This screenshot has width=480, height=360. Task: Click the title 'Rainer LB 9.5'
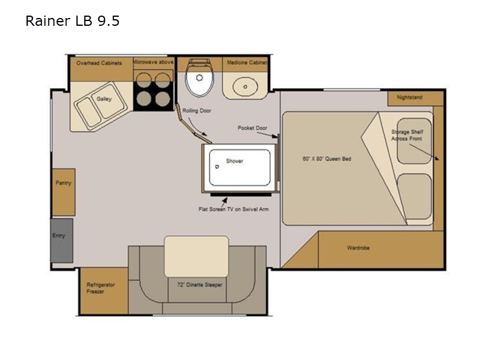(x=72, y=21)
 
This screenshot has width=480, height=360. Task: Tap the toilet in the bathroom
(x=200, y=77)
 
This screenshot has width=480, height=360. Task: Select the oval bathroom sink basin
(x=245, y=86)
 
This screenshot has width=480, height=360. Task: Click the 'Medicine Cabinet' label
(x=247, y=62)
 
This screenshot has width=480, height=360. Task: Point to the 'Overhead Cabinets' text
(x=99, y=63)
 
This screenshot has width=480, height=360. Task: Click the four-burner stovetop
(x=154, y=90)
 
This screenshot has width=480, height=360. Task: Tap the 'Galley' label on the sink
(x=104, y=98)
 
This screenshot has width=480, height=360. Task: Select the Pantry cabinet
(x=64, y=192)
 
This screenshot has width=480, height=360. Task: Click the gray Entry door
(x=62, y=241)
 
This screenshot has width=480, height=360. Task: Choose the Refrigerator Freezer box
(x=104, y=291)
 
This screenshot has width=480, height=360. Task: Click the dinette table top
(x=197, y=257)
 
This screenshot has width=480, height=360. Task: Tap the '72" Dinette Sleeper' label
(x=200, y=284)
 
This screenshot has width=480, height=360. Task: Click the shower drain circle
(x=217, y=167)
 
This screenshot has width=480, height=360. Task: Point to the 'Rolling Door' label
(x=197, y=110)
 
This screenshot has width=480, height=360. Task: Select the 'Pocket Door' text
(x=253, y=128)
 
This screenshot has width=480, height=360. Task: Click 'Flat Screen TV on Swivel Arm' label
(x=233, y=209)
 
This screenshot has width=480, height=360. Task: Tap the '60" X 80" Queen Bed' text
(x=326, y=158)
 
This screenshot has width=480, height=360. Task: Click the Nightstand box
(x=415, y=98)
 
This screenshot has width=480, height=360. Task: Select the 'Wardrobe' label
(x=358, y=247)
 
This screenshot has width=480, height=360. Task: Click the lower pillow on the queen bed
(x=415, y=196)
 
